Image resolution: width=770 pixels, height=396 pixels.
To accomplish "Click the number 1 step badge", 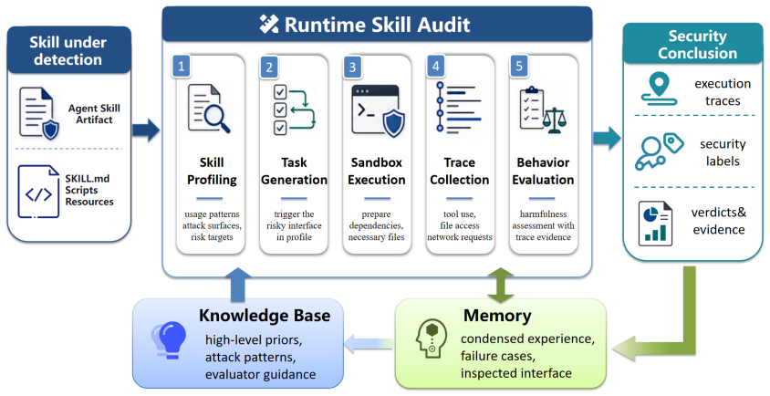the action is click(182, 67).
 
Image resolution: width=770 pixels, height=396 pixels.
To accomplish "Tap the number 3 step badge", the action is click(352, 67).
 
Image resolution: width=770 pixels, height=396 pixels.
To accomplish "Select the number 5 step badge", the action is click(519, 66).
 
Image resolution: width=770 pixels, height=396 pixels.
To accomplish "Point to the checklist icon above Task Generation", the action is click(294, 110).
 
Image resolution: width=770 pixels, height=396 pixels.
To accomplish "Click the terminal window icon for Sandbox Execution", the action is click(378, 111).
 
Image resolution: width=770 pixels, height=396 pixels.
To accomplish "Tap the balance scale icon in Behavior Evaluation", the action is click(555, 120).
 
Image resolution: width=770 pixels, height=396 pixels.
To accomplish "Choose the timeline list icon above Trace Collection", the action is click(459, 108).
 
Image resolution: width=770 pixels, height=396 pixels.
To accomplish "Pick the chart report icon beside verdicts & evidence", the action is click(655, 223).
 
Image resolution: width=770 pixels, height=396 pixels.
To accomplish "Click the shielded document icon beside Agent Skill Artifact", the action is click(39, 114).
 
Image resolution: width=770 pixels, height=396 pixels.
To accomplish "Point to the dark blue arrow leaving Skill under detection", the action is click(146, 130).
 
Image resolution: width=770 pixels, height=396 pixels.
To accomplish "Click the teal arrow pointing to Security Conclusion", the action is click(607, 138).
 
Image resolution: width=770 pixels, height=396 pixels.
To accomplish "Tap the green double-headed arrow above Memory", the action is click(500, 285).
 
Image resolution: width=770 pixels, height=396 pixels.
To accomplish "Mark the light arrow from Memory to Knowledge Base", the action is click(369, 343).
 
